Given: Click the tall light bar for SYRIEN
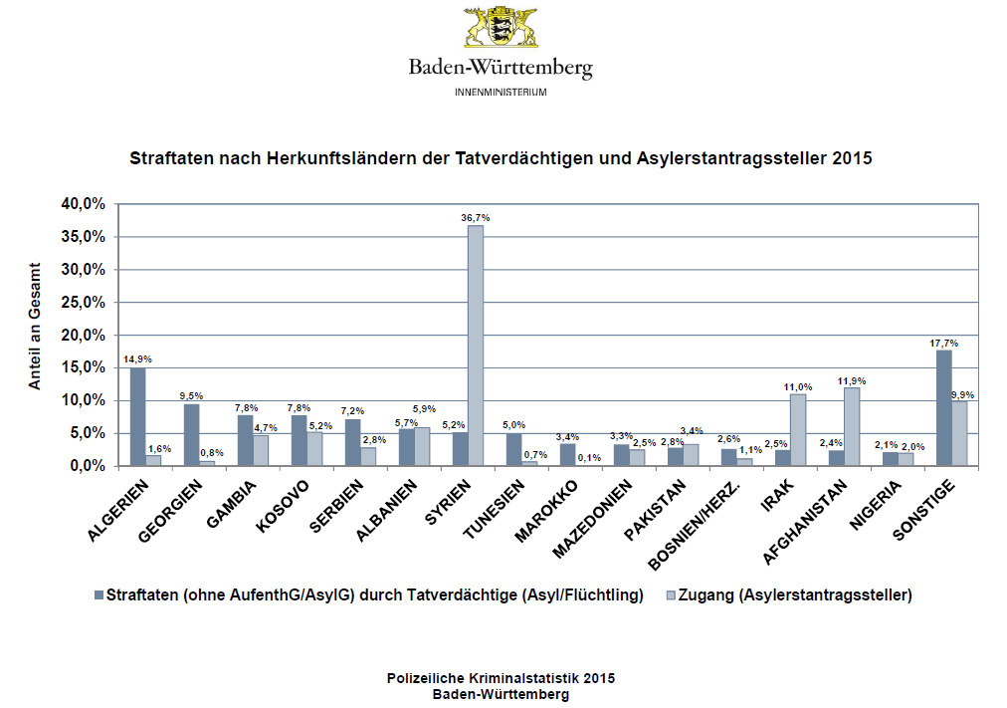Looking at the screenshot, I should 476,346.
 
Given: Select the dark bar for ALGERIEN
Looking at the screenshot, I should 137,416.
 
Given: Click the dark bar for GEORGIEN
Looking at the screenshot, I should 191,434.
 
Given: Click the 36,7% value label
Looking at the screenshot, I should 476,217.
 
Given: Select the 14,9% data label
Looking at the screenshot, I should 137,359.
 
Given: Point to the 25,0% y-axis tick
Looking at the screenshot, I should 85,302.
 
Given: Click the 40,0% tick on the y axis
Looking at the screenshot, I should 85,203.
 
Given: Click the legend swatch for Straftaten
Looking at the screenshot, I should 98,595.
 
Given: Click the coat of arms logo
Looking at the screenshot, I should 501,28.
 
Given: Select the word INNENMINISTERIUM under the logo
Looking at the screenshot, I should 501,92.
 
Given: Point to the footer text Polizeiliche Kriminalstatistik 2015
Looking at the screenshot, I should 501,677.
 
